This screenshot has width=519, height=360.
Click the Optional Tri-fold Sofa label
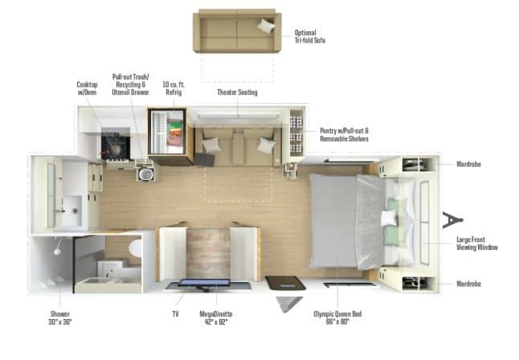[x=310, y=36]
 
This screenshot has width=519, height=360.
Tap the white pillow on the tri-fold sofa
[x=266, y=26]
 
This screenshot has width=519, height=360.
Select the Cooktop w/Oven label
[x=87, y=88]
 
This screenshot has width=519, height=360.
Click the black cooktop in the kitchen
[x=115, y=146]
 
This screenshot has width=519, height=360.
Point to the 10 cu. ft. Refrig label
[x=174, y=88]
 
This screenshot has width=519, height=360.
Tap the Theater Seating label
[x=237, y=92]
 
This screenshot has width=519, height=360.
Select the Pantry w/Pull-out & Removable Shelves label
[x=344, y=134]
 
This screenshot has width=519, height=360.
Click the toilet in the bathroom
[x=136, y=248]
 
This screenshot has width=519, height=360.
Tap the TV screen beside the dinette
[x=204, y=283]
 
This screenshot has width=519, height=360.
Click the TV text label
[x=175, y=313]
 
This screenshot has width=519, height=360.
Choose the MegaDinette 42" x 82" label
[x=216, y=317]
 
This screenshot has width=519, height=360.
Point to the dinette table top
[x=208, y=252]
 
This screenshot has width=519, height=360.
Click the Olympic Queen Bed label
[x=337, y=317]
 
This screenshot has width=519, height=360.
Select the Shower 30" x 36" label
[x=60, y=317]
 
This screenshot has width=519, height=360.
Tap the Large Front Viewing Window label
[x=477, y=243]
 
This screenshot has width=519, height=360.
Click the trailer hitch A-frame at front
[x=452, y=220]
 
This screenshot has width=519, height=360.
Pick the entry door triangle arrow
[x=289, y=304]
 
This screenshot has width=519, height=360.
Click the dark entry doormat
[x=286, y=283]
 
